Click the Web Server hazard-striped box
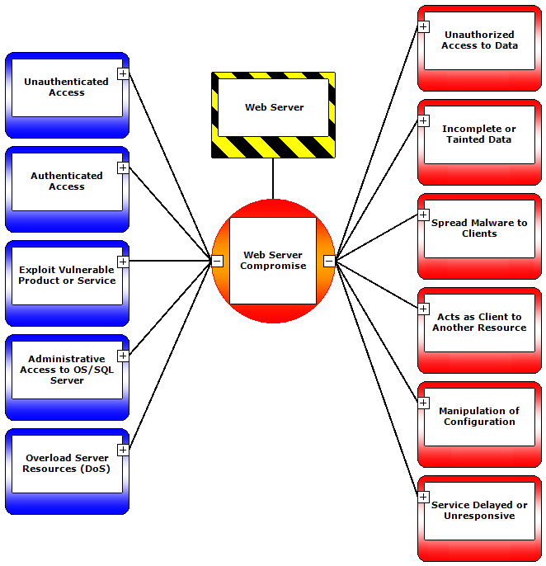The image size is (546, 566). [273, 108]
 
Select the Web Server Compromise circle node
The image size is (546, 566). [273, 261]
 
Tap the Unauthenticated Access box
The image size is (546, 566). [66, 87]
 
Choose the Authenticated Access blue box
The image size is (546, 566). [66, 182]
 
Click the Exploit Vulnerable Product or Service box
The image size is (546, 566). [66, 276]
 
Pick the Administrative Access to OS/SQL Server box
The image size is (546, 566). [66, 370]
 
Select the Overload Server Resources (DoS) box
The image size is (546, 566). [66, 464]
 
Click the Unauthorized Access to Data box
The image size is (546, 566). [479, 40]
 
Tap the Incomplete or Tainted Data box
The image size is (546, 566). [479, 134]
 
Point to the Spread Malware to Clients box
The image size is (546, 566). [479, 229]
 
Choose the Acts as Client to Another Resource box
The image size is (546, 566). [479, 323]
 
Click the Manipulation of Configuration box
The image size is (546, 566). [479, 417]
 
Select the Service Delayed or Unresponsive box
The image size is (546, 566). [479, 511]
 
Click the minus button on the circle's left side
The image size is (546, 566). [217, 261]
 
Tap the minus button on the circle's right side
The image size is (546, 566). [329, 261]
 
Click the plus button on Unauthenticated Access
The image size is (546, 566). [123, 73]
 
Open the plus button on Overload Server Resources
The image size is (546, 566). [123, 450]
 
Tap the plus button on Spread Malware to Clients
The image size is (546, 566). [423, 215]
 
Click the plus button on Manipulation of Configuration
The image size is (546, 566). [423, 403]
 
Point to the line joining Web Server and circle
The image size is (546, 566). [273, 178]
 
